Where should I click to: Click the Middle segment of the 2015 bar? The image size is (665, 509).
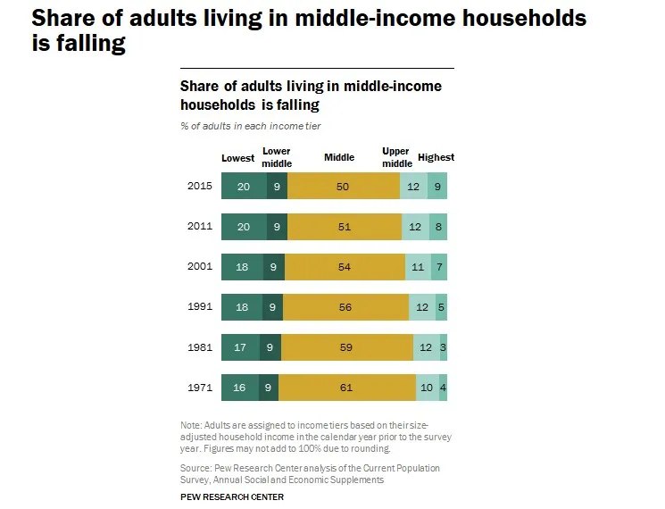(x=344, y=186)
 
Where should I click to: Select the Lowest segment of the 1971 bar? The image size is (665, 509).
(x=240, y=388)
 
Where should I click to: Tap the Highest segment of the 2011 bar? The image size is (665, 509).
(x=437, y=227)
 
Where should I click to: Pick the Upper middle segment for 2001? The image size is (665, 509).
(x=419, y=267)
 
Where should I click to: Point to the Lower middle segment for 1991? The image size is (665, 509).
(x=273, y=307)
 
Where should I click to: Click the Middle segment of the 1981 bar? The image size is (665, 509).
(x=347, y=347)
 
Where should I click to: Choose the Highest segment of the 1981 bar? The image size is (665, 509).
(x=444, y=347)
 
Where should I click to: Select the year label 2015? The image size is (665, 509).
(x=199, y=186)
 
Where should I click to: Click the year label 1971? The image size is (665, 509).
(x=199, y=388)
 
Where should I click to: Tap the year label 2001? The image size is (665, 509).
(x=199, y=267)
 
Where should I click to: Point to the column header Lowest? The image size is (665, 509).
(x=238, y=158)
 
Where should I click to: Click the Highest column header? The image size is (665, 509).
(x=436, y=158)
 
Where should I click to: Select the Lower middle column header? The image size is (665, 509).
(x=277, y=157)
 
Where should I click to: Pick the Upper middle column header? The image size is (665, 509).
(x=396, y=157)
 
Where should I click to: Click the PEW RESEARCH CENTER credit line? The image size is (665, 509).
(x=232, y=496)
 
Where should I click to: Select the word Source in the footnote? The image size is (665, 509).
(x=195, y=468)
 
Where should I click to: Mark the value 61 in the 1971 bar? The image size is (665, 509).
(x=346, y=388)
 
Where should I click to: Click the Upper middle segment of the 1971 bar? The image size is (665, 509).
(x=427, y=388)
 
